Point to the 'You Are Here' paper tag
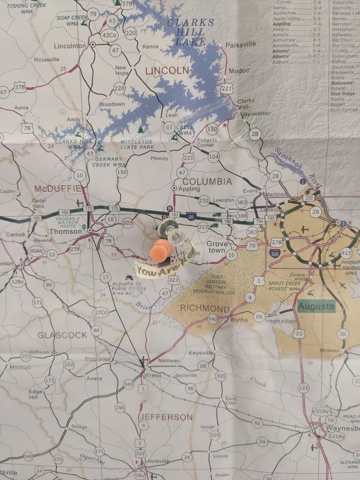[x=163, y=264]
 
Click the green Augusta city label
[x=316, y=306]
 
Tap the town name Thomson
[x=66, y=231]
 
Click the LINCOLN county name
[x=167, y=71]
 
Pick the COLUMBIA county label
[x=207, y=182]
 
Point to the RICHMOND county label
[x=204, y=308]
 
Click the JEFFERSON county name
[x=166, y=417]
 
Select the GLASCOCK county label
[x=62, y=335]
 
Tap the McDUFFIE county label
[x=58, y=188]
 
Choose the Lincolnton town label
[x=70, y=46]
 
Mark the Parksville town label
[x=241, y=44]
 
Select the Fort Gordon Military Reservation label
[x=214, y=285]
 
